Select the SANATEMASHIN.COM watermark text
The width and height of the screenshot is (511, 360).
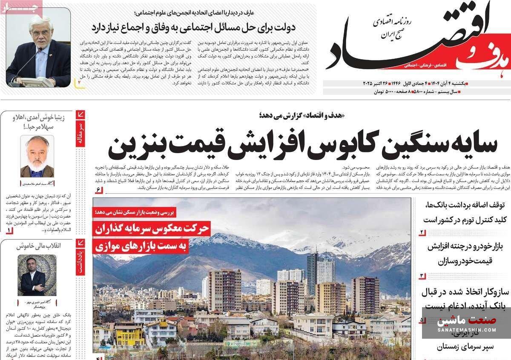tap(466, 329)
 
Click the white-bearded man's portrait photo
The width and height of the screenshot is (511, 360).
tap(37, 156)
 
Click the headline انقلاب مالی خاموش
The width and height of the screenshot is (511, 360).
tap(39, 246)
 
